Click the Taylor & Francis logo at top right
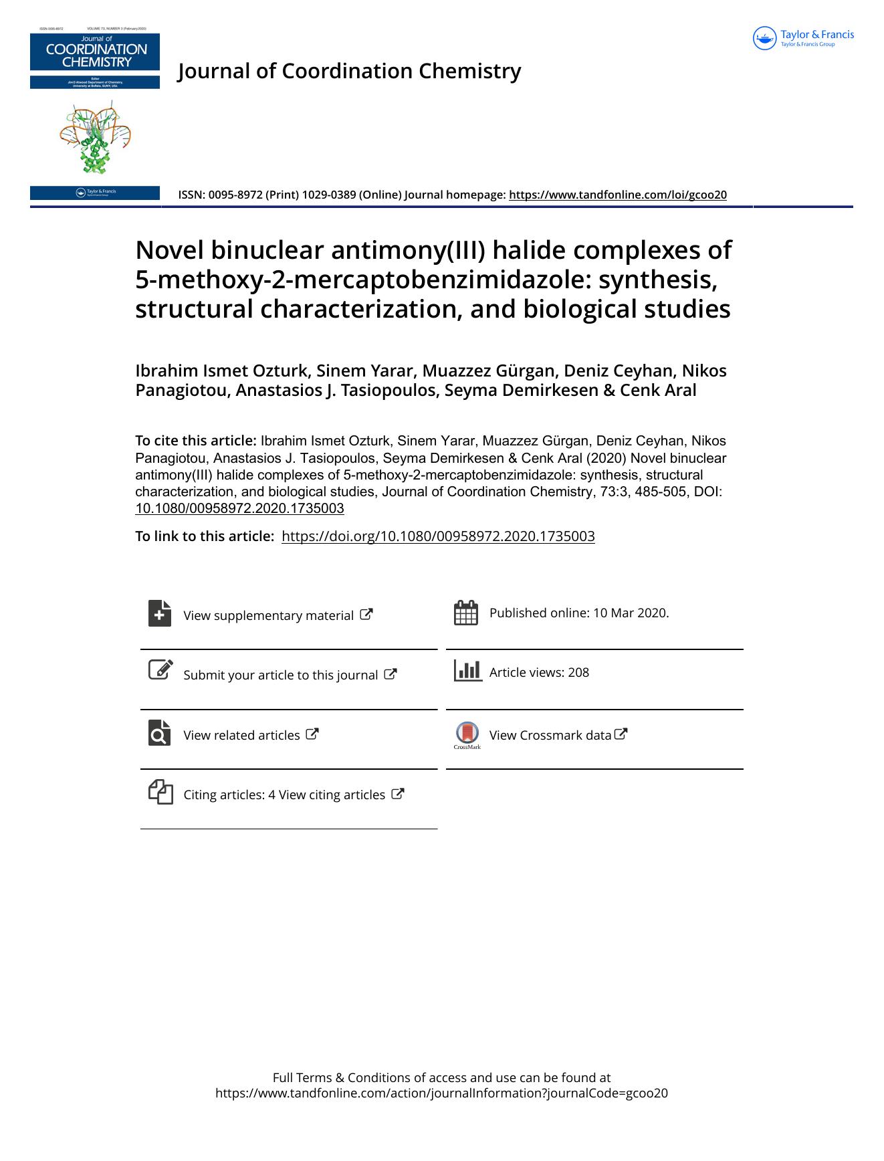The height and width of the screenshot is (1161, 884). coord(803,38)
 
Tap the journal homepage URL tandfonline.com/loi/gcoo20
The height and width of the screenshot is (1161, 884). coord(617,195)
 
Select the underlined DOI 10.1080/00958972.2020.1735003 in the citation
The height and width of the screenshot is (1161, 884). coord(239,508)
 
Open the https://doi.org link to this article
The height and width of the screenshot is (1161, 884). coord(438,536)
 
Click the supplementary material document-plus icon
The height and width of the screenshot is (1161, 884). coord(160,613)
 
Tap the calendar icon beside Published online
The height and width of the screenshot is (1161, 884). coord(465,613)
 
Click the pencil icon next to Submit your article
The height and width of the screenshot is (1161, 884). coord(160,670)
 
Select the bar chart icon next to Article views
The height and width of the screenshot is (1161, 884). coord(467,670)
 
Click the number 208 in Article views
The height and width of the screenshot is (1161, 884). coord(578,673)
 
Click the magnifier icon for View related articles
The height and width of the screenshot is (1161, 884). coord(160,733)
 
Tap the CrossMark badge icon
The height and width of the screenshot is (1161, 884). coord(467,734)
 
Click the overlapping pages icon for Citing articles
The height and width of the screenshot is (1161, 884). coord(160,792)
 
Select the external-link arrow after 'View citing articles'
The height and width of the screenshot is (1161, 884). coord(398,794)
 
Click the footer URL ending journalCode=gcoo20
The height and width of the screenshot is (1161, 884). coord(441,1093)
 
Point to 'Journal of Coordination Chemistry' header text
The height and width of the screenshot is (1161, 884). coord(349,71)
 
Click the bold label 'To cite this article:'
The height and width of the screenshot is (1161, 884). coord(195,441)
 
